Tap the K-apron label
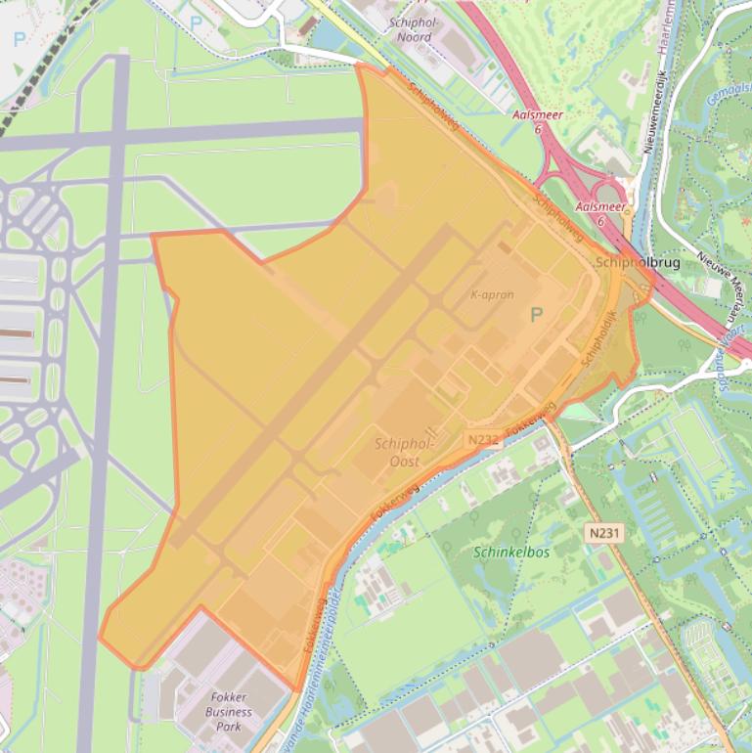point(492,294)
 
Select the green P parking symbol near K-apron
point(535,315)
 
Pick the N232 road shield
point(484,440)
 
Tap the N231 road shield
point(605,533)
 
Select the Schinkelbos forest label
point(511,552)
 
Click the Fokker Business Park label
point(229,711)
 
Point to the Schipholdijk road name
point(598,338)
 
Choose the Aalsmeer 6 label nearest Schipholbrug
point(600,213)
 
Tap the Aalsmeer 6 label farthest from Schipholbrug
point(537,121)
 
